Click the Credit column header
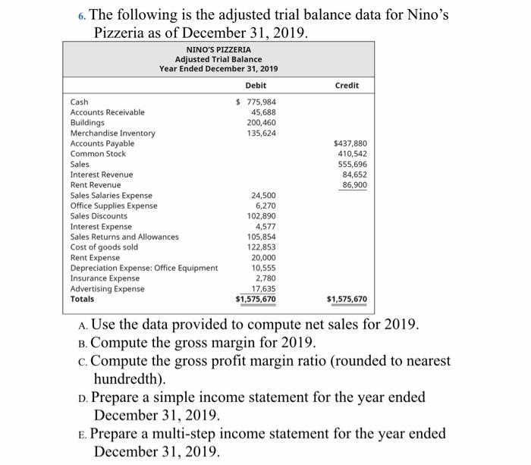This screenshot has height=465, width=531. [x=347, y=85]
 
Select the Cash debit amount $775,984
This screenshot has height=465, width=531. [x=256, y=102]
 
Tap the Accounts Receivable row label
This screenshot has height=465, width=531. [x=107, y=112]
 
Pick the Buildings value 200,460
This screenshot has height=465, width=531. [x=261, y=122]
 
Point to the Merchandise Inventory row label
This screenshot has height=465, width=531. [x=112, y=133]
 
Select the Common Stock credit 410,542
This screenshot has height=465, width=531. [x=352, y=153]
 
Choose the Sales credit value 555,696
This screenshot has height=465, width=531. [x=352, y=164]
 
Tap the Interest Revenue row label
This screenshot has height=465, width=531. [x=101, y=174]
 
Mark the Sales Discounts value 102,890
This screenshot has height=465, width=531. [x=261, y=215]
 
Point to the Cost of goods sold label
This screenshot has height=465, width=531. [x=104, y=247]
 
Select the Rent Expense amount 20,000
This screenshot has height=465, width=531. [x=262, y=257]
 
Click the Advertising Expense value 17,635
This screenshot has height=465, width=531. [x=262, y=288]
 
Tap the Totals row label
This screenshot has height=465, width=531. [x=82, y=299]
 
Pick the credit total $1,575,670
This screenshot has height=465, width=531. [x=347, y=299]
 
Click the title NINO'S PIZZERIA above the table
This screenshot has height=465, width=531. [x=218, y=49]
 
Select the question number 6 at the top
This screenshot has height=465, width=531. [x=84, y=15]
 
